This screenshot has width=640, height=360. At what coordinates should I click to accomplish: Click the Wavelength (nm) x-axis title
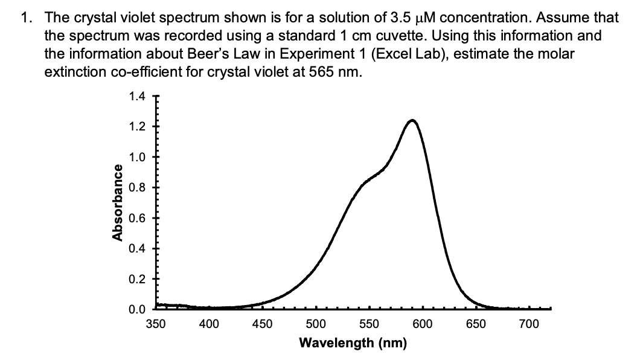tap(353, 343)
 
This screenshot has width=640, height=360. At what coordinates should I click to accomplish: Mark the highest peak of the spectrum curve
tap(412, 120)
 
